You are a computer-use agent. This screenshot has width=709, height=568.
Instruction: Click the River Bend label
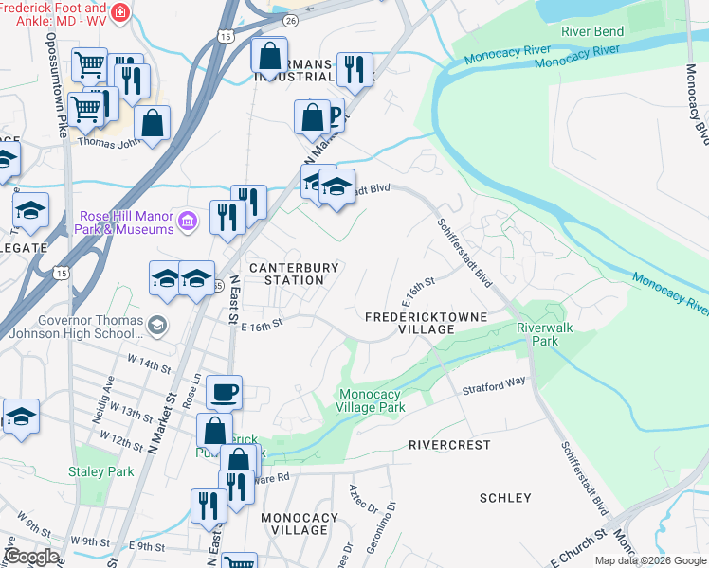tap(592, 31)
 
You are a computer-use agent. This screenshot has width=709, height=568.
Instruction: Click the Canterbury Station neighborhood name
tap(294, 274)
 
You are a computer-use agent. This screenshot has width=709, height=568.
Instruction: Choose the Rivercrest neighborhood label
tap(449, 444)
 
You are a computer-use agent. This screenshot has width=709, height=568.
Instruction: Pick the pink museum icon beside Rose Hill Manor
tap(189, 222)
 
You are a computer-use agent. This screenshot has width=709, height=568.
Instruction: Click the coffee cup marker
tap(224, 391)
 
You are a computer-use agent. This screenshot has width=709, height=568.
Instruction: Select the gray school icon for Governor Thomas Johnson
tap(157, 326)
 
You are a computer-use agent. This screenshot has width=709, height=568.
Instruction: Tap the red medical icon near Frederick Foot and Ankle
tap(120, 12)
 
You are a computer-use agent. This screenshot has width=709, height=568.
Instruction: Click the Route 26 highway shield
tap(290, 19)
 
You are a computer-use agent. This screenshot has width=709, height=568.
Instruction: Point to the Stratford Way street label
tap(494, 386)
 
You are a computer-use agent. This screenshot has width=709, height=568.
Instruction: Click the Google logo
tap(31, 557)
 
